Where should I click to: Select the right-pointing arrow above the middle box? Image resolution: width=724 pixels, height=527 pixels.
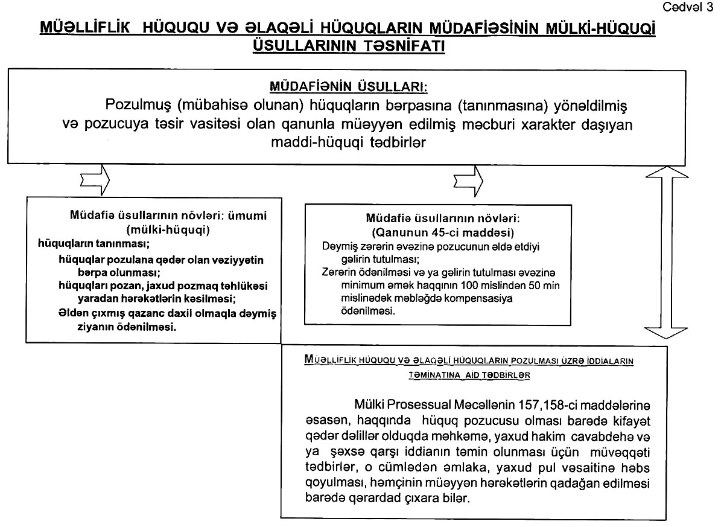pyautogui.click(x=468, y=179)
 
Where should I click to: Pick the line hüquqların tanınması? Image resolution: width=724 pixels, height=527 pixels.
pyautogui.click(x=94, y=244)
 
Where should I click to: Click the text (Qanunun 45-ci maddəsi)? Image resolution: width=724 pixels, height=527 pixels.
pyautogui.click(x=438, y=232)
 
